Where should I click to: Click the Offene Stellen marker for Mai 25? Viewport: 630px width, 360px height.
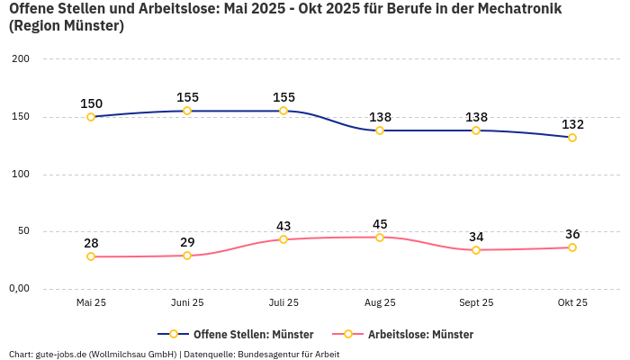pyautogui.click(x=91, y=117)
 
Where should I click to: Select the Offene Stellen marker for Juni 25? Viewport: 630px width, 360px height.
pyautogui.click(x=187, y=111)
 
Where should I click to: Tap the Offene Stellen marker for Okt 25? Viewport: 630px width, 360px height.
pyautogui.click(x=572, y=138)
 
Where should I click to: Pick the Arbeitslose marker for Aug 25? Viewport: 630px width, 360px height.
pyautogui.click(x=380, y=238)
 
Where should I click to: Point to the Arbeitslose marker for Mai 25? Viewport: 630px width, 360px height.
pyautogui.click(x=91, y=256)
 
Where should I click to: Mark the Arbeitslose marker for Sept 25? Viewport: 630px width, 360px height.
pyautogui.click(x=476, y=250)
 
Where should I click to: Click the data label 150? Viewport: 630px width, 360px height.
pyautogui.click(x=91, y=103)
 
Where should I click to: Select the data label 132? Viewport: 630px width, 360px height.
pyautogui.click(x=572, y=124)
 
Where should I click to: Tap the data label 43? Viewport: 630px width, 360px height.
pyautogui.click(x=283, y=226)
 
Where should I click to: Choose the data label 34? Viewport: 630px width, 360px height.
pyautogui.click(x=476, y=237)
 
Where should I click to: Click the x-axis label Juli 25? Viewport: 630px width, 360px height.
pyautogui.click(x=283, y=302)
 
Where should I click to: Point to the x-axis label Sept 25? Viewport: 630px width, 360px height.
pyautogui.click(x=476, y=302)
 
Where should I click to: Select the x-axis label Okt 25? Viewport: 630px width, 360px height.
pyautogui.click(x=572, y=302)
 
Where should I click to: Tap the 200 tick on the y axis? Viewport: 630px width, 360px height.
pyautogui.click(x=21, y=59)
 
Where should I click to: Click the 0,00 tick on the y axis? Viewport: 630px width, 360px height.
pyautogui.click(x=20, y=289)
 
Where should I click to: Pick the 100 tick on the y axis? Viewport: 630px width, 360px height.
pyautogui.click(x=21, y=175)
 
